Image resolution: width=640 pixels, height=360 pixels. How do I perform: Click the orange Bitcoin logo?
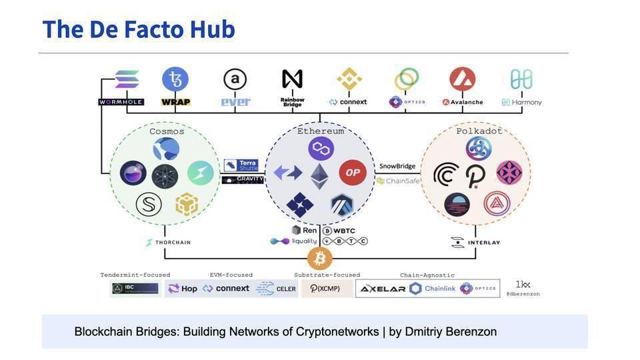point(319,258)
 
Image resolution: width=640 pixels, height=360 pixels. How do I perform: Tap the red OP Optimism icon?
point(353,173)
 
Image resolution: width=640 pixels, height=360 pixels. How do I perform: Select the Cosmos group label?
point(167,131)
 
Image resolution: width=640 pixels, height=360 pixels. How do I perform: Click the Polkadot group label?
point(479,131)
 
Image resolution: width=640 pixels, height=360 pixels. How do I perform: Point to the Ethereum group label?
point(321,131)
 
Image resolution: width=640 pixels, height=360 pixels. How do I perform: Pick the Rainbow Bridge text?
point(292,102)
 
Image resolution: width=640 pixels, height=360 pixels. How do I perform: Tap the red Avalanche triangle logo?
point(462,79)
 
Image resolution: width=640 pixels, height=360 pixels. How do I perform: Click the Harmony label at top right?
point(522,102)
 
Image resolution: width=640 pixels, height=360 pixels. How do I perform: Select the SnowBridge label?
point(397,166)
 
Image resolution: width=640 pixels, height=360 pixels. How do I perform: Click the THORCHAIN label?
point(169,242)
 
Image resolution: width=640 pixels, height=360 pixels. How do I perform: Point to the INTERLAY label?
point(475,242)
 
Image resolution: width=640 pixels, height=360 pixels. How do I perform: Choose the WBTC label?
point(343,231)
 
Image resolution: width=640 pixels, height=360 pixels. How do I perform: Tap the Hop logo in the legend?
point(183,289)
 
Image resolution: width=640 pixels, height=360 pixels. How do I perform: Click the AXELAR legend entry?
point(383,289)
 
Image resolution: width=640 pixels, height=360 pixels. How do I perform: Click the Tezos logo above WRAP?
point(175,79)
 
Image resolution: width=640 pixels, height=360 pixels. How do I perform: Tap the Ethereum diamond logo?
point(319,176)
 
